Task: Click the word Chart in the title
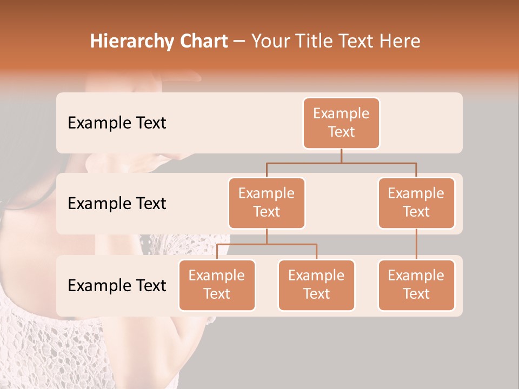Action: (199, 41)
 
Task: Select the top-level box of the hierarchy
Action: (341, 123)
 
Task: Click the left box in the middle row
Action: (267, 203)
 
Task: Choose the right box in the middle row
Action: (416, 203)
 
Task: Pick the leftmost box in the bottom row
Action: (217, 285)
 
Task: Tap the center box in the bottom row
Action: (316, 285)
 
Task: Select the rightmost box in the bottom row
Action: (416, 285)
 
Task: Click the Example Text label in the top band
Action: (117, 123)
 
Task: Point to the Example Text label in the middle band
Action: (117, 204)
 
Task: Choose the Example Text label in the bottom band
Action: (117, 285)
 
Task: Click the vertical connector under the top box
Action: (341, 156)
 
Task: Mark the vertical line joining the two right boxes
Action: (416, 244)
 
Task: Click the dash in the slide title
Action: (239, 41)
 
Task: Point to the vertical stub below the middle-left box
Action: (267, 236)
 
